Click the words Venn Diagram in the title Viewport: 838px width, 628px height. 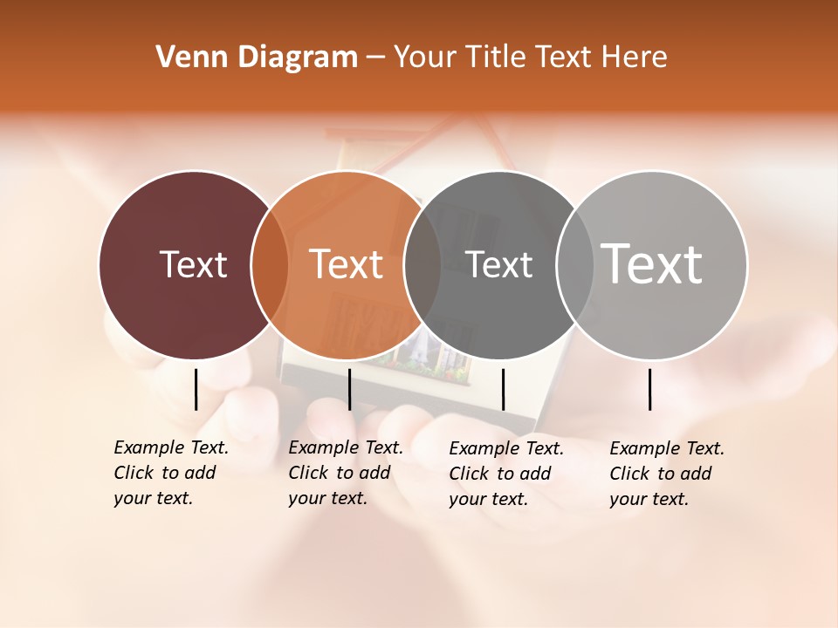click(257, 58)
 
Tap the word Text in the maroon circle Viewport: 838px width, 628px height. click(193, 264)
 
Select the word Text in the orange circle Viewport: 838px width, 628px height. click(347, 264)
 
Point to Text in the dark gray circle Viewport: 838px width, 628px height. click(499, 264)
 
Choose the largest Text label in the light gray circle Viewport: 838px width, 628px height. click(652, 263)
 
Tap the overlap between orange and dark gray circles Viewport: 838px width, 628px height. click(422, 265)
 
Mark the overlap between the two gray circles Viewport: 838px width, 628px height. click(575, 265)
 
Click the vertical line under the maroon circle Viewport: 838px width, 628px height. click(196, 389)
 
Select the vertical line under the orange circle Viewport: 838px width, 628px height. click(349, 389)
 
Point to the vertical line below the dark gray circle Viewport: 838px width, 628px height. click(503, 389)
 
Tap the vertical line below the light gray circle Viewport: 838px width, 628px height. click(649, 389)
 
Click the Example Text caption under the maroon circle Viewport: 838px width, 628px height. click(170, 473)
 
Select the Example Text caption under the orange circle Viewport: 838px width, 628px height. click(345, 473)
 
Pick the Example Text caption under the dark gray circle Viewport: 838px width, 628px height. click(505, 474)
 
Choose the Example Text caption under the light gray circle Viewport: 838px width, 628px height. click(666, 474)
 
